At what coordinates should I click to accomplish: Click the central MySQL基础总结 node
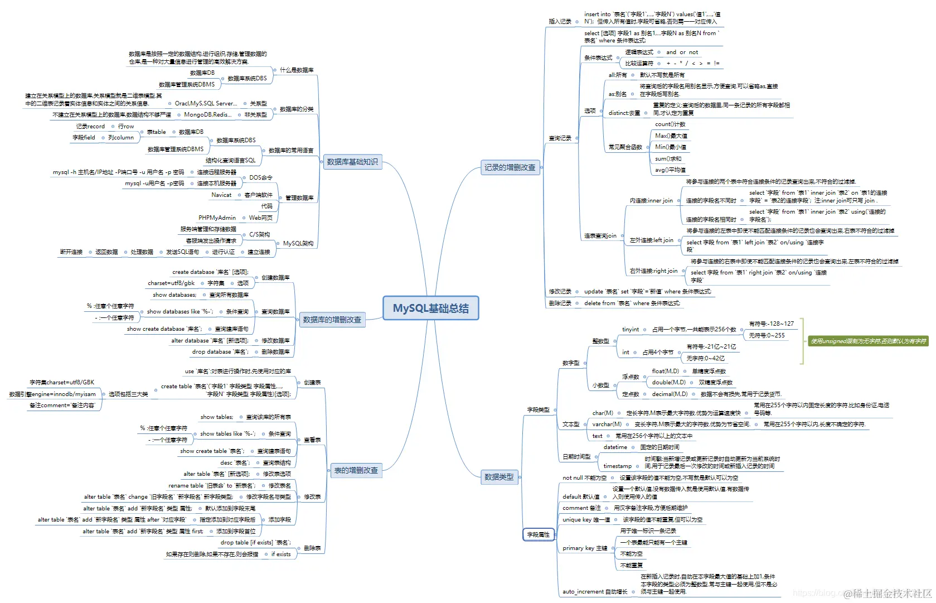point(431,308)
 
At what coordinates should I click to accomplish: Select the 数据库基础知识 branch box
point(352,162)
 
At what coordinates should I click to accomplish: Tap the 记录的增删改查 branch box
point(510,167)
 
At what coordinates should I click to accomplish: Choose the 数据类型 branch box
point(499,477)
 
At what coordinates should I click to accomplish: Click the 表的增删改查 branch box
point(356,470)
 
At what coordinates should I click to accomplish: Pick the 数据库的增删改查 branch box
point(332,320)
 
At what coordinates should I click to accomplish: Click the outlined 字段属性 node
point(539,534)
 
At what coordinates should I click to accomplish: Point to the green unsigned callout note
point(868,341)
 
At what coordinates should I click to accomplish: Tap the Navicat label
point(221,195)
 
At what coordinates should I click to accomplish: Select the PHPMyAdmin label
point(217,218)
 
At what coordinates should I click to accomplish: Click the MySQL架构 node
point(298,243)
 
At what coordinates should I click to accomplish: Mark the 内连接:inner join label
point(651,200)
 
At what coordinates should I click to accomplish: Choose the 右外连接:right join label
point(653,271)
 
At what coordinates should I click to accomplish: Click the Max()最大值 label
point(671,136)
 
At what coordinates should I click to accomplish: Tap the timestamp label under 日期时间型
point(617,466)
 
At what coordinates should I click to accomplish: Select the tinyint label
point(631,329)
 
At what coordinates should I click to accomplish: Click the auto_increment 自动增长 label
point(595,591)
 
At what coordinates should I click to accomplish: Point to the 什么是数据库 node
point(296,70)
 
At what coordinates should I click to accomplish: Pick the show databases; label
point(174,295)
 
